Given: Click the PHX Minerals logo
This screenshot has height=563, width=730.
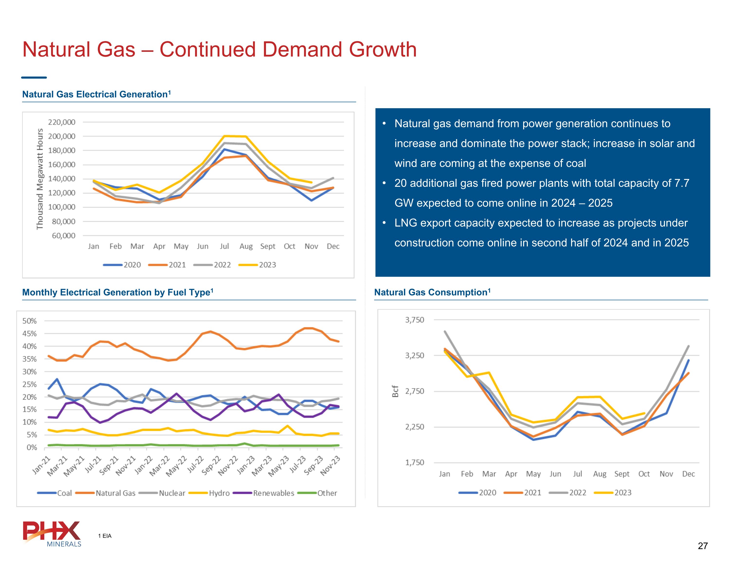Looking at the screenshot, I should point(52,534).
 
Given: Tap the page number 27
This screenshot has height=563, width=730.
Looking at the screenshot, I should point(703,546).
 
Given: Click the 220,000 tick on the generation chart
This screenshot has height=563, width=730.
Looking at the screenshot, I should point(62,122).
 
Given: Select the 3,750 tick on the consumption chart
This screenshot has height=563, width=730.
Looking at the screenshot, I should point(414,320).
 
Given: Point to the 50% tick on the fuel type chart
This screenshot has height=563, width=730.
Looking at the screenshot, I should point(29,321).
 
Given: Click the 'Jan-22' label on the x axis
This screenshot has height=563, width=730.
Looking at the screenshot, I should point(144,465).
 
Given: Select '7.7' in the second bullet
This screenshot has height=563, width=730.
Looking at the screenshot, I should point(682,183).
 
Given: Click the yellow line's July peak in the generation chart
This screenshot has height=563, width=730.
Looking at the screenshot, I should point(225,136).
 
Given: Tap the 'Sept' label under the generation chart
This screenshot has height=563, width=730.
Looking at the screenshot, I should point(267,246).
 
